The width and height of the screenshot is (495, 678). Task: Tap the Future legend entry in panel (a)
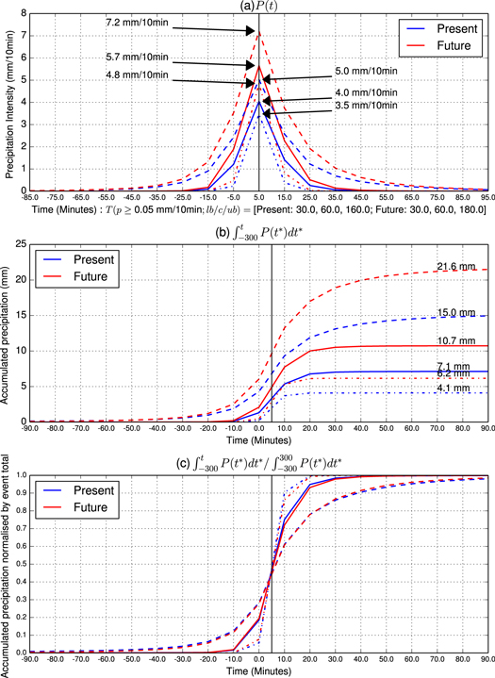(x=444, y=44)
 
